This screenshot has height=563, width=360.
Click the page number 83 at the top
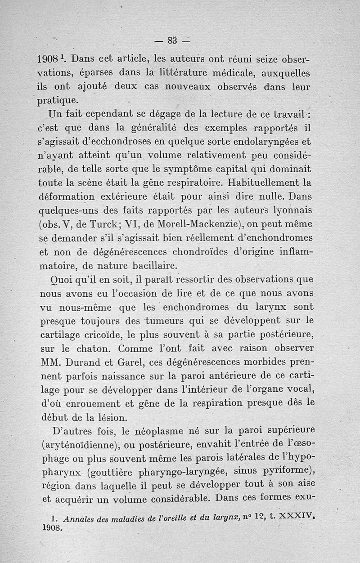pyautogui.click(x=172, y=40)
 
